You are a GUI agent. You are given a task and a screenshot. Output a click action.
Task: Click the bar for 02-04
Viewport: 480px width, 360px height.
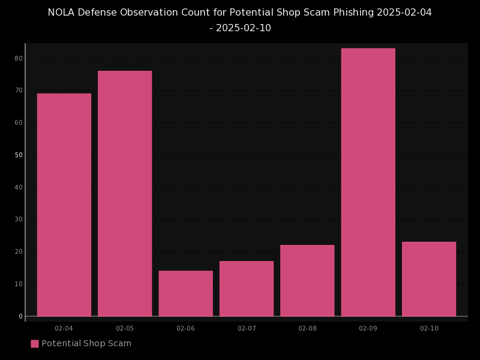coord(64,205)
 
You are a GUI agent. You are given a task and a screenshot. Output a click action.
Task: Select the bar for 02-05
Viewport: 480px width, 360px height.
coord(125,193)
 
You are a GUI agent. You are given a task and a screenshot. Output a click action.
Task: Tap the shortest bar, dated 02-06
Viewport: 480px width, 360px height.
coord(185,293)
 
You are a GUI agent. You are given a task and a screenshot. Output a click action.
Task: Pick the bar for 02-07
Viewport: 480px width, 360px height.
coord(247,289)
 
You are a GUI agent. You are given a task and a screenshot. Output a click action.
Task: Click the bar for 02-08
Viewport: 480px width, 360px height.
coord(307,280)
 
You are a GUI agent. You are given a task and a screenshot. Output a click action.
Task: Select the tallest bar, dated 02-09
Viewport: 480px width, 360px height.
coord(368,182)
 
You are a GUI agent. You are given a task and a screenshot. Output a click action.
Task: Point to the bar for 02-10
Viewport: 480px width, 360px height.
coord(429,279)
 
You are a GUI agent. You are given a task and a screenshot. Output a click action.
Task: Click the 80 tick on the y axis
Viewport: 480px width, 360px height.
coord(19,58)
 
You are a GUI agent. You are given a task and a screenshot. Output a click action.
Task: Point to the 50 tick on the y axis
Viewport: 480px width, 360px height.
coord(19,155)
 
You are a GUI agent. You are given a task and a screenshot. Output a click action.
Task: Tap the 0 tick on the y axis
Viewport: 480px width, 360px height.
coord(20,316)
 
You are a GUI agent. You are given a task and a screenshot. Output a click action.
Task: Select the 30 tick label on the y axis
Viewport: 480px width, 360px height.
coord(19,220)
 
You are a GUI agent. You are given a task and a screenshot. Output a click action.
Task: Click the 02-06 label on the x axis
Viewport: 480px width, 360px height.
coord(185,328)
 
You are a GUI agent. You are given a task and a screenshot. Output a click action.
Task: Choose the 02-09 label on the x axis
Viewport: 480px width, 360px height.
coord(368,328)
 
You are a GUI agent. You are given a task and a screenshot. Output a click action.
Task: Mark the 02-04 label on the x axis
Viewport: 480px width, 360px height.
coord(64,328)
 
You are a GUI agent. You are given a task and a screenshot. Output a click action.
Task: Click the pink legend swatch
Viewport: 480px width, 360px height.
coord(35,344)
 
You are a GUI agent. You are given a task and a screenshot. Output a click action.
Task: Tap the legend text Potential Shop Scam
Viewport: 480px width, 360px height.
coord(86,344)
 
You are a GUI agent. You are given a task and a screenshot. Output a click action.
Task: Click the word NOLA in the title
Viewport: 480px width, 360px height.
coord(62,13)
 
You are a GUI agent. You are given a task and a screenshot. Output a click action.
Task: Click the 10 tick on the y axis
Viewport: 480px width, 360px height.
coord(19,284)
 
